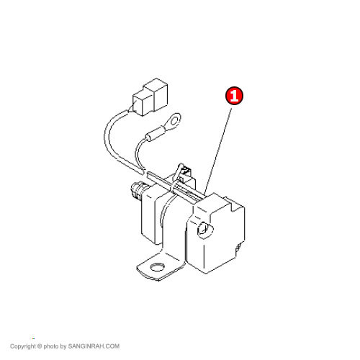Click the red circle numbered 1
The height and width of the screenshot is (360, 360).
[x=234, y=96]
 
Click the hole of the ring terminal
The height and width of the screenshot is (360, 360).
[x=174, y=120]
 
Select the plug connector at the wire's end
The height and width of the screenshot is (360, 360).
[x=150, y=96]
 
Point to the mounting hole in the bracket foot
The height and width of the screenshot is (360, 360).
[x=157, y=267]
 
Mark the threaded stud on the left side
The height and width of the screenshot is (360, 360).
[x=137, y=191]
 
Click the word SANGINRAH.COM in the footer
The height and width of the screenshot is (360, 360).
[x=94, y=346]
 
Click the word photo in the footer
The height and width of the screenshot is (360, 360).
[x=51, y=346]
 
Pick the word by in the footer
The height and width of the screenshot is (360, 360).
[x=63, y=346]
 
